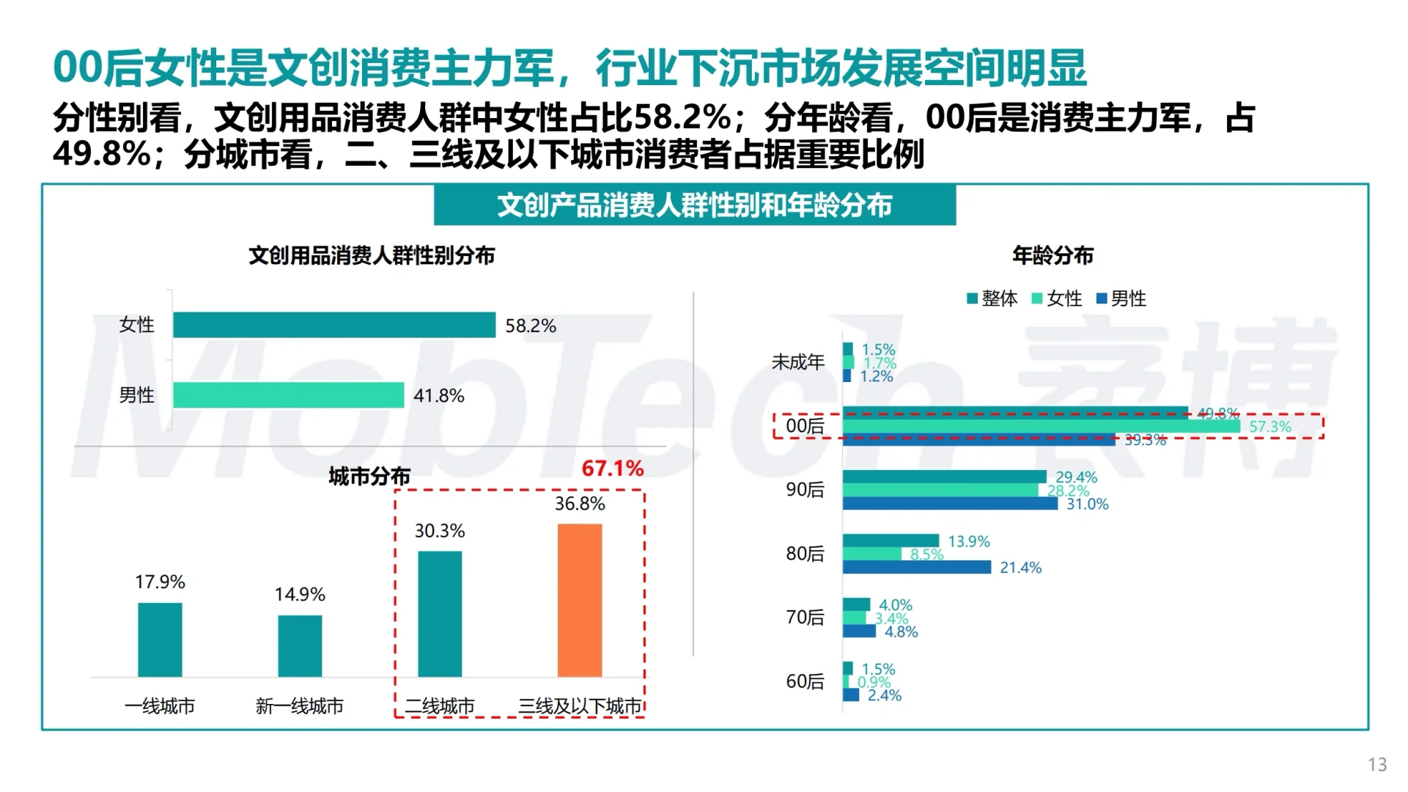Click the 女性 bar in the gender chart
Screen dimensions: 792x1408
coord(334,325)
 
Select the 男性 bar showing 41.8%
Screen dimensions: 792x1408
coord(288,395)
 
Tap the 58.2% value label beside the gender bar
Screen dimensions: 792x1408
coord(531,326)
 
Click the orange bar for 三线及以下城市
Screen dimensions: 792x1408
coord(580,600)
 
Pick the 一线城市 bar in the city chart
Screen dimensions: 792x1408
coord(160,639)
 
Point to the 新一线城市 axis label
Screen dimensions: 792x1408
coord(299,706)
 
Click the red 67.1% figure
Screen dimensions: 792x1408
coord(612,468)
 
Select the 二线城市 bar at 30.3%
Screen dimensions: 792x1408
coord(440,614)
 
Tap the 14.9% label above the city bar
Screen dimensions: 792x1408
coord(300,594)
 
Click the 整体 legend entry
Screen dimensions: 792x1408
coord(993,298)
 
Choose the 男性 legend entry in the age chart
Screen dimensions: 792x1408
coord(1121,298)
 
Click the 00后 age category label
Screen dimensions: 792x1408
coord(805,426)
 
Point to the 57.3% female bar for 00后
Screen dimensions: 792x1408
coord(1041,426)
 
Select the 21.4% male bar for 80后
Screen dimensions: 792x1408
coord(916,567)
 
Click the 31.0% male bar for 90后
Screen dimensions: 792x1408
coord(950,504)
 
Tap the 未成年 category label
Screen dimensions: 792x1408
coord(797,362)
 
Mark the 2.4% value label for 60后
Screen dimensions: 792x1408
coord(885,695)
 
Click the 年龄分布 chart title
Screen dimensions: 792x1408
coord(1053,255)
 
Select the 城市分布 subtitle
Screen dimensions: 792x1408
coord(369,477)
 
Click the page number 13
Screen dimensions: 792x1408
coord(1377,765)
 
